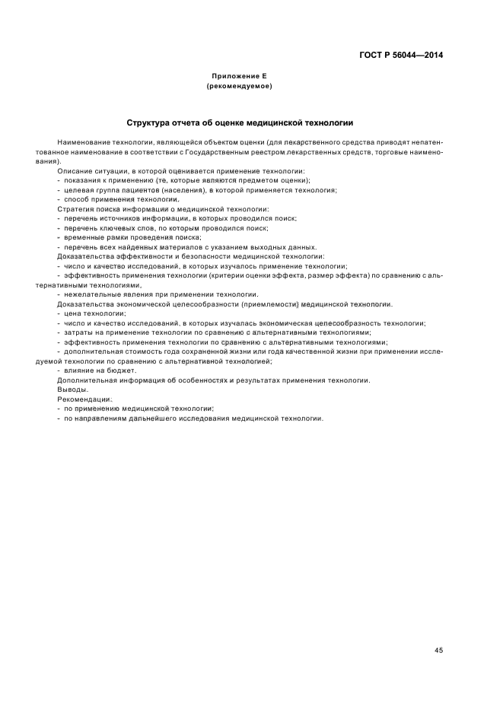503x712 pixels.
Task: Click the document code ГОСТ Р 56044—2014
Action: point(401,56)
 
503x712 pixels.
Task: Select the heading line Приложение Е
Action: point(239,77)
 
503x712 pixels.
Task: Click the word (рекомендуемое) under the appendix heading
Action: point(239,87)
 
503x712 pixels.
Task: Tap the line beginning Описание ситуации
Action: point(180,171)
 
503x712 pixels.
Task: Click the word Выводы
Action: point(73,389)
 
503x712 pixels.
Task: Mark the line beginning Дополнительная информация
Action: point(213,380)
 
